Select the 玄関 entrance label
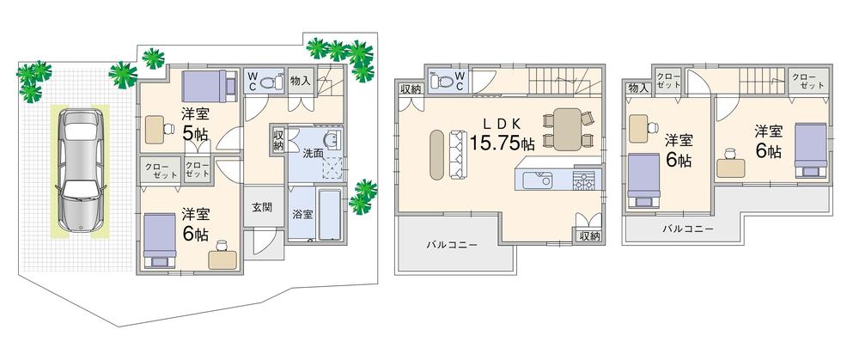(262, 207)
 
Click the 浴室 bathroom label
(302, 213)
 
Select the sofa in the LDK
(454, 156)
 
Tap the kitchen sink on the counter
(542, 180)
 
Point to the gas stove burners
(584, 180)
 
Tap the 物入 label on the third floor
(637, 88)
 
